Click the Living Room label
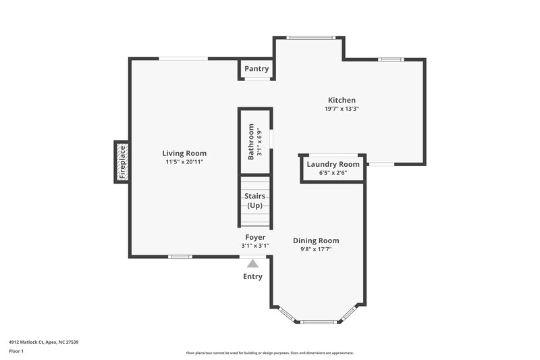coord(184,153)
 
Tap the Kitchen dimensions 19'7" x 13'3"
coord(342,109)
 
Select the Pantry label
coord(256,69)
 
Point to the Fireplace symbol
coord(122,162)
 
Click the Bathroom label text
coord(251,141)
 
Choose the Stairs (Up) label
coord(255,201)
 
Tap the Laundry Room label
coord(333,164)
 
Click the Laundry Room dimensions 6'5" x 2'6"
coord(333,174)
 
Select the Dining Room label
coord(316,240)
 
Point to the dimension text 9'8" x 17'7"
coord(316,249)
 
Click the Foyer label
coord(255,237)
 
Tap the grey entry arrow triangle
coord(252,264)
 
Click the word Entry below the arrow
coord(252,276)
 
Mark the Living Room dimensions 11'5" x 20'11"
coord(184,162)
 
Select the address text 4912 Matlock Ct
coord(44,342)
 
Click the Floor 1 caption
coord(16,352)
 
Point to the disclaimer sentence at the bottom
coord(270,353)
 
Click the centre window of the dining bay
coord(319,322)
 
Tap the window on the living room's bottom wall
coord(180,257)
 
